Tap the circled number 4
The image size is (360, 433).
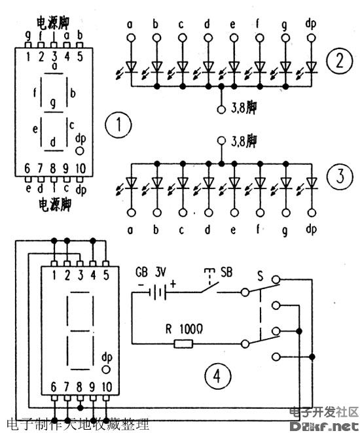[217, 375]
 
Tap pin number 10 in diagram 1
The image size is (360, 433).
[81, 168]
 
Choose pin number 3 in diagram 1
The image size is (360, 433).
[54, 56]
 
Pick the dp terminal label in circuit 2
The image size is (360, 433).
[310, 25]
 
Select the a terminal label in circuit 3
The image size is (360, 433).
[130, 229]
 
